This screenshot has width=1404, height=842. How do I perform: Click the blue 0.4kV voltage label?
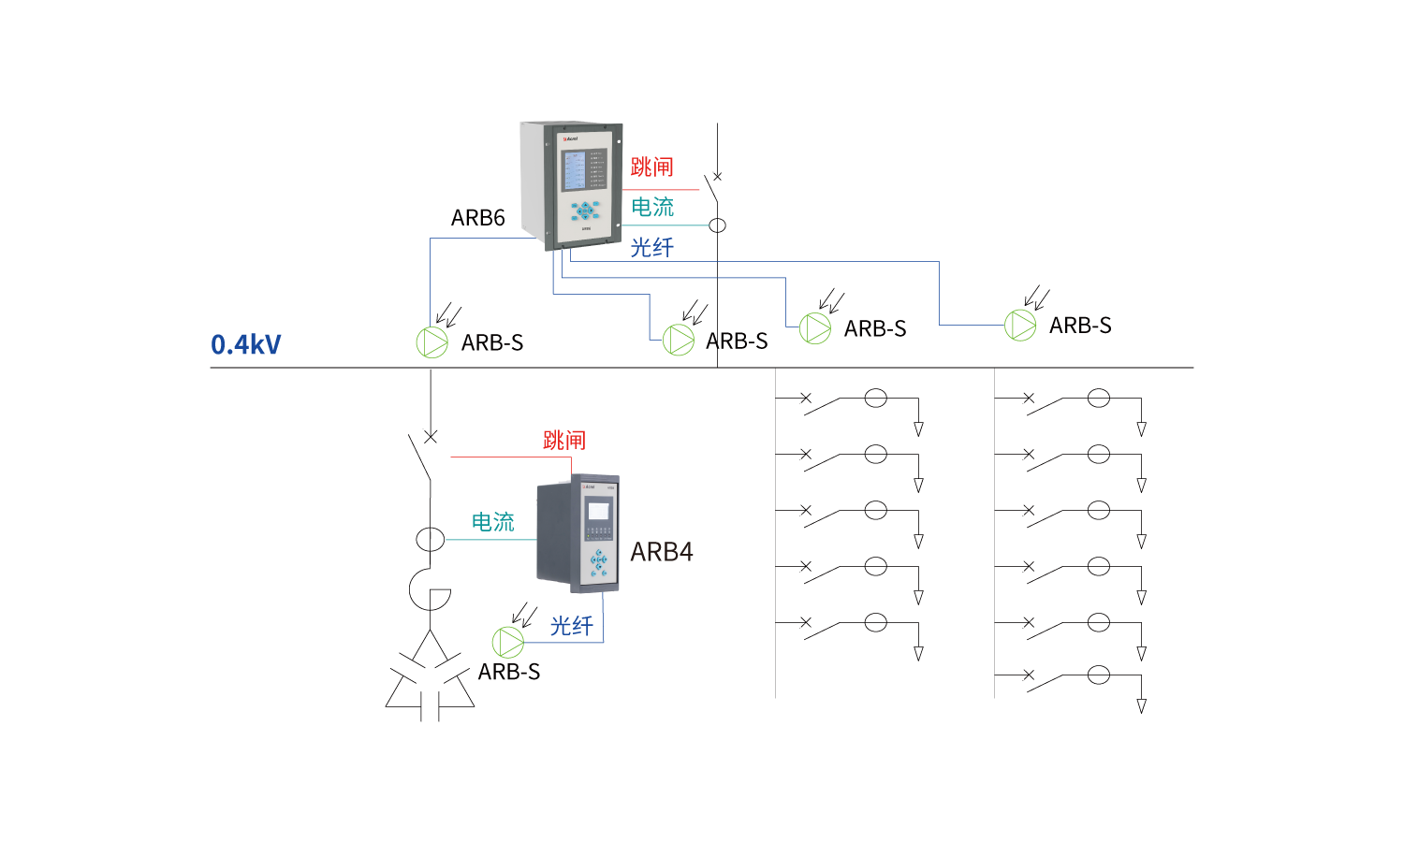point(245,344)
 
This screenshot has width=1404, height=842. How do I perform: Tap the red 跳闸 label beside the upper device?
point(651,167)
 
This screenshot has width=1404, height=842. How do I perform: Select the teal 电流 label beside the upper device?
point(652,207)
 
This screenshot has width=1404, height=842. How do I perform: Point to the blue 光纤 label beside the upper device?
point(651,247)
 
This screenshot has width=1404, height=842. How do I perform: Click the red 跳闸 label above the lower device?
point(563,440)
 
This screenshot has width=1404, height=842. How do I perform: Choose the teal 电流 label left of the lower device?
point(492,522)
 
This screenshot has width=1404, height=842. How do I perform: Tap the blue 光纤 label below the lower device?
point(571,626)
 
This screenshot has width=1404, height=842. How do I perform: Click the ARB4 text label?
point(662,552)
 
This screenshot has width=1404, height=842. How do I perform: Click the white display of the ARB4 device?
point(597,511)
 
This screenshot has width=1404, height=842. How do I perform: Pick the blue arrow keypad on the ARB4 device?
point(598,560)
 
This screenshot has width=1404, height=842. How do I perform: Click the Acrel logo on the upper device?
point(570,138)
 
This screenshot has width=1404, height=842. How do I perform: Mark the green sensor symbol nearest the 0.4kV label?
point(431,342)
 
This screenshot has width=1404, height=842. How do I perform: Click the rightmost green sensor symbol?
point(1020,325)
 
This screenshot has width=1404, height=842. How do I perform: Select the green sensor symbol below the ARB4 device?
point(507,642)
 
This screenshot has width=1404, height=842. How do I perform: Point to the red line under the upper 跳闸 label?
point(661,190)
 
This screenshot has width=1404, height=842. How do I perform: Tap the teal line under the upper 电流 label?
point(665,225)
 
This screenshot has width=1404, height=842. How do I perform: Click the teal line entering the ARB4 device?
point(490,540)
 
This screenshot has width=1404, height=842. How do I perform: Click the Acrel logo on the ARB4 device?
point(589,486)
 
